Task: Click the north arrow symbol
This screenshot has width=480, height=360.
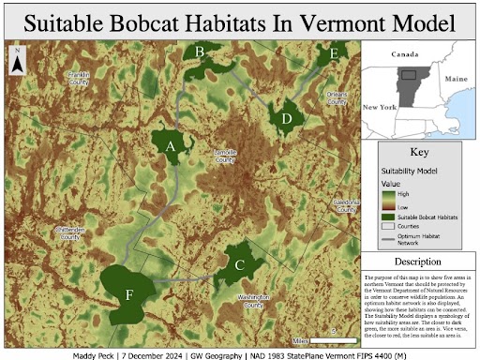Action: (18, 62)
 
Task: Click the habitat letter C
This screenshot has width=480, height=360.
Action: (240, 265)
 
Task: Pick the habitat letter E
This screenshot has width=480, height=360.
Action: (334, 56)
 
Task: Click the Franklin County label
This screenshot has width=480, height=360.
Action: (78, 78)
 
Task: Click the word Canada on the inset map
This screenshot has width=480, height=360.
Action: (404, 54)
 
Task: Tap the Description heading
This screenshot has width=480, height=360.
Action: (418, 261)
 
